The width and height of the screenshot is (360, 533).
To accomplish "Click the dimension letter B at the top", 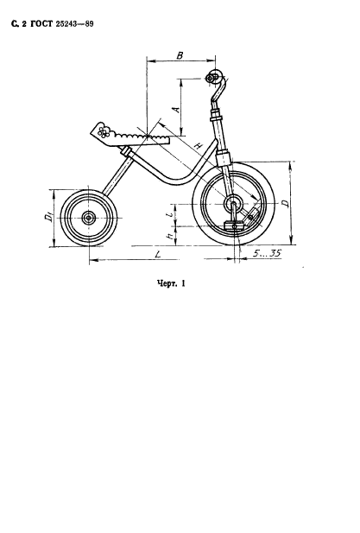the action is pyautogui.click(x=180, y=55).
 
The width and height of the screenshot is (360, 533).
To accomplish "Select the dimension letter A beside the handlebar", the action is pyautogui.click(x=175, y=109).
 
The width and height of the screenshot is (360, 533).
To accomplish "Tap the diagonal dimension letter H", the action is pyautogui.click(x=198, y=146).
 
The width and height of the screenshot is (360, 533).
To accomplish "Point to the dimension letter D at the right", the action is pyautogui.click(x=286, y=203).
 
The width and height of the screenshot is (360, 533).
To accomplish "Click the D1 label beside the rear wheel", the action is pyautogui.click(x=48, y=217).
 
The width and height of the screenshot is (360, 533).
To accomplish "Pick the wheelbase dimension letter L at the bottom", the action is pyautogui.click(x=157, y=254).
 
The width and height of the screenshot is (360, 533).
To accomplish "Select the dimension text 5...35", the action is pyautogui.click(x=267, y=253).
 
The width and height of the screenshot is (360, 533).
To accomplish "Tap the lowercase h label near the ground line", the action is pyautogui.click(x=170, y=235).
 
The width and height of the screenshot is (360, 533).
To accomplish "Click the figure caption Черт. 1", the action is pyautogui.click(x=171, y=283).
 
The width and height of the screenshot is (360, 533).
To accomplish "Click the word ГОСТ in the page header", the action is pyautogui.click(x=41, y=24).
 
